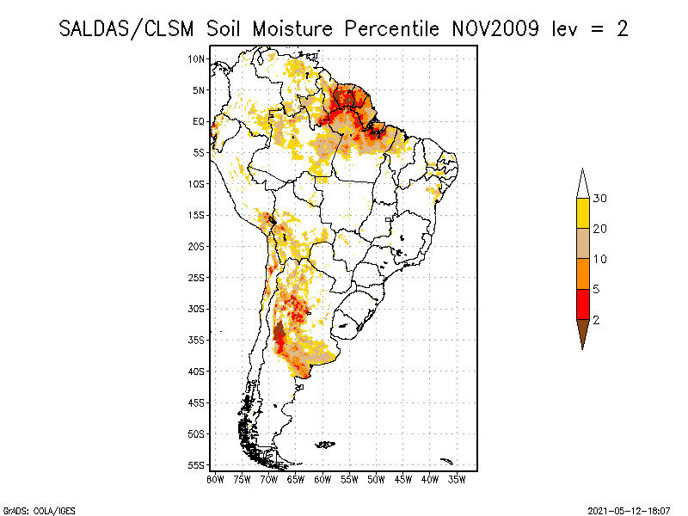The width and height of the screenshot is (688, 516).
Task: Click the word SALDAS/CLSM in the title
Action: (x=129, y=28)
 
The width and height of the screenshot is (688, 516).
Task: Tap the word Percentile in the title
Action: (x=393, y=28)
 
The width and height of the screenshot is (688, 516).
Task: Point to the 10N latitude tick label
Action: (x=197, y=58)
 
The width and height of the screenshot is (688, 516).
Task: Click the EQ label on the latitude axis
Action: (x=199, y=121)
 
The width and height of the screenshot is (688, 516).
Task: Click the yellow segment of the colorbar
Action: (x=583, y=213)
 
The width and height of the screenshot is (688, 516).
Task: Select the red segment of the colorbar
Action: (x=583, y=304)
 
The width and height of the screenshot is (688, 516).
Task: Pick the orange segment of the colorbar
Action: (x=583, y=273)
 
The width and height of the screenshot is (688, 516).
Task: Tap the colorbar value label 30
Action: (x=600, y=199)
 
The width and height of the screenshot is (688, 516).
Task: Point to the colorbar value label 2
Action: (x=597, y=319)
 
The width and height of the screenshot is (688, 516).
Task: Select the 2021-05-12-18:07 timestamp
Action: (x=628, y=509)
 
